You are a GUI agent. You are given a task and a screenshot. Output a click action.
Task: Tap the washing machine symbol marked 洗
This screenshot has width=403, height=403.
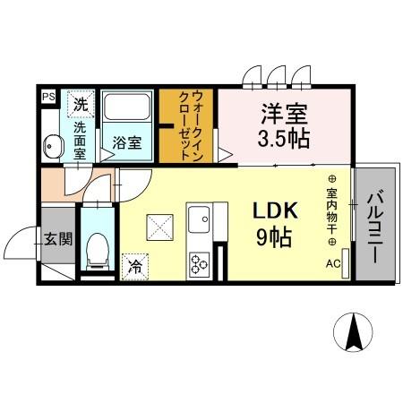pyautogui.click(x=81, y=104)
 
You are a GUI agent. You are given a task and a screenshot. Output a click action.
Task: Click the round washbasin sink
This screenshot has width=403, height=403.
pyautogui.click(x=51, y=142)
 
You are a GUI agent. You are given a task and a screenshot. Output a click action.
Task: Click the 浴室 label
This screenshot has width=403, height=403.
pyautogui.click(x=126, y=142)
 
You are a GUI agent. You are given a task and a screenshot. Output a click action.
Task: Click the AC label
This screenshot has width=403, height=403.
pyautogui.click(x=332, y=263)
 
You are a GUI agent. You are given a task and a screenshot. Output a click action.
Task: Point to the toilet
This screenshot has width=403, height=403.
pyautogui.click(x=95, y=247)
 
